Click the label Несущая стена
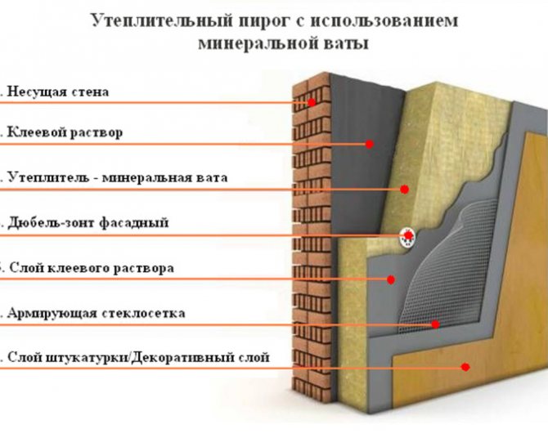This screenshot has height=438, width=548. (x=58, y=92)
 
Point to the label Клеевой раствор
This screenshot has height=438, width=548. (x=65, y=133)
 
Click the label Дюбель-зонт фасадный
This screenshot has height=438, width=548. (x=88, y=222)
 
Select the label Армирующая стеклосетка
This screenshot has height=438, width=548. (x=97, y=313)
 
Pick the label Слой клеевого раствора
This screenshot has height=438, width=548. (x=92, y=268)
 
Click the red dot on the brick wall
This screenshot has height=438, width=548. (x=312, y=102)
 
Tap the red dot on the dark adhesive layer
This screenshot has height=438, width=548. (x=370, y=144)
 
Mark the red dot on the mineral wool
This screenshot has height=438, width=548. (x=404, y=190)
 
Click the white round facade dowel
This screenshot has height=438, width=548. (x=408, y=237)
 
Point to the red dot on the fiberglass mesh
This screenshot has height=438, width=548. (x=435, y=324)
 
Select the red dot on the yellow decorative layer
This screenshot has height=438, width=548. (x=465, y=367)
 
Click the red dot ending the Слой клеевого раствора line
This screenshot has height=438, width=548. (x=391, y=279)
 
